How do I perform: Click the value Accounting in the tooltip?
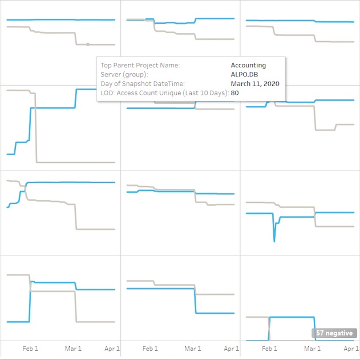[248, 65]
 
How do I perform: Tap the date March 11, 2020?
[254, 83]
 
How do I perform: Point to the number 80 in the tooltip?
[234, 92]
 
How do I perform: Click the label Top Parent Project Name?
[140, 65]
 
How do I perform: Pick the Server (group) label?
[124, 74]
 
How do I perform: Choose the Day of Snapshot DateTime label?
[142, 83]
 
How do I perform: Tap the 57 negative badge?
[334, 333]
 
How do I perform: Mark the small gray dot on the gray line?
[87, 44]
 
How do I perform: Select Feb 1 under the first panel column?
[30, 349]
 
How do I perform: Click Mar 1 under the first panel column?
[73, 349]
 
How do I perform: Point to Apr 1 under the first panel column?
[112, 349]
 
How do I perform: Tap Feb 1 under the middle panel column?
[150, 349]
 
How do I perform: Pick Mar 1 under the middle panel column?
[193, 349]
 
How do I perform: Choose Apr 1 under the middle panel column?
[231, 349]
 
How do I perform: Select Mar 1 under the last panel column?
[312, 349]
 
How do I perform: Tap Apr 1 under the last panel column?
[350, 349]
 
